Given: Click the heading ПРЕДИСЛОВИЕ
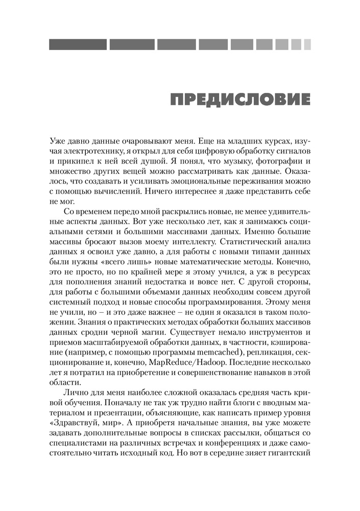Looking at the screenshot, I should tap(241, 99).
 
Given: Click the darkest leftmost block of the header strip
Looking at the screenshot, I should tap(78, 44).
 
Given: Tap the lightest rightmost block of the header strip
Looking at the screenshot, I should tap(307, 44).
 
